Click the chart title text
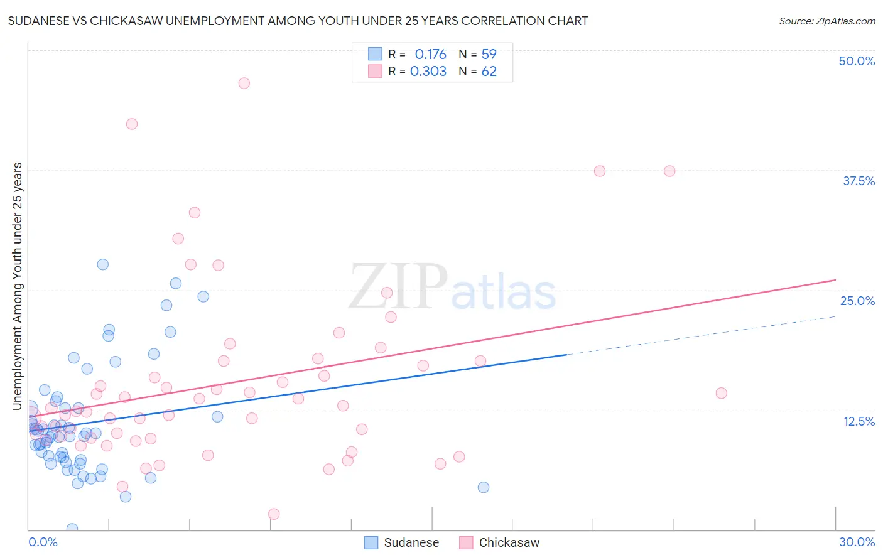click(298, 21)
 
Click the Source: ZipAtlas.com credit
click(826, 21)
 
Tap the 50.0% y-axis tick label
click(857, 61)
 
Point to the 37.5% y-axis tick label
click(859, 181)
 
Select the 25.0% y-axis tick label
click(857, 301)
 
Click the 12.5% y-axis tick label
click(859, 421)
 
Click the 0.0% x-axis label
click(43, 542)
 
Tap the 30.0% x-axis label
click(857, 542)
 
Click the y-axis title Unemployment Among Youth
click(17, 286)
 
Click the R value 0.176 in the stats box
click(430, 55)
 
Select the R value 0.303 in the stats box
click(428, 72)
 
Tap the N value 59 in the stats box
click(489, 55)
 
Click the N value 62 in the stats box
click(489, 72)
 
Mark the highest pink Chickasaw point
click(244, 83)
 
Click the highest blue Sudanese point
click(103, 264)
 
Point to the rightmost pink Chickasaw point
click(721, 393)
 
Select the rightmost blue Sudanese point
click(483, 487)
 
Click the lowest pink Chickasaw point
click(274, 514)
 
